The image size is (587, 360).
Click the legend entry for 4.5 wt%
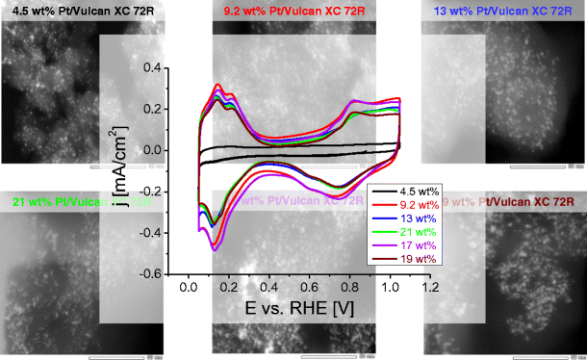click(x=413, y=191)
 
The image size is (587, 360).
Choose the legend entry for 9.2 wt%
click(x=413, y=204)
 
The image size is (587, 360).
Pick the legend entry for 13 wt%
click(x=413, y=219)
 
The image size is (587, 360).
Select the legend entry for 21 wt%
click(x=413, y=232)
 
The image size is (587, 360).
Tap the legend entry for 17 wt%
click(x=413, y=245)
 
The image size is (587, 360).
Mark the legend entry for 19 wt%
click(x=413, y=260)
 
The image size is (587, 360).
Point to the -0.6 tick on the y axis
click(x=150, y=273)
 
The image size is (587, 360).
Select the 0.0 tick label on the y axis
click(x=153, y=150)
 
